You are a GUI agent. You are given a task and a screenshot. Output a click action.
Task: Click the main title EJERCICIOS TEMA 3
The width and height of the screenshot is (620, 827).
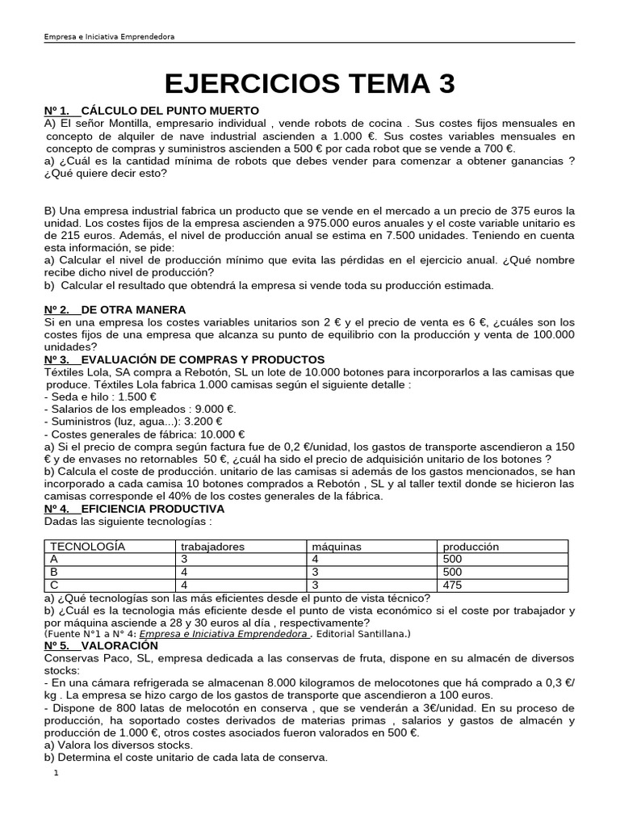[x=310, y=83]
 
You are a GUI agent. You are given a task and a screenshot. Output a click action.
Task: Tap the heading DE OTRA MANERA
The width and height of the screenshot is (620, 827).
[x=134, y=309]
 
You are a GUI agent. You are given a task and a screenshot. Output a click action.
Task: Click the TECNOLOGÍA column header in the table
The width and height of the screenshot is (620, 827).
[x=88, y=547]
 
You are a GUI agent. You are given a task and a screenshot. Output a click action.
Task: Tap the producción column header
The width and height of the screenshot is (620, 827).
[x=471, y=547]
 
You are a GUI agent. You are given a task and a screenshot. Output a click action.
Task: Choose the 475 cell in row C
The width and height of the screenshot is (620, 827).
[x=454, y=584]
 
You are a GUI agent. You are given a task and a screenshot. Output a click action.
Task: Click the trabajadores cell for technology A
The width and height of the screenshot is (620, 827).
[x=184, y=559]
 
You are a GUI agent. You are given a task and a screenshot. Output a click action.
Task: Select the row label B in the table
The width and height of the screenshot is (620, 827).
[x=54, y=572]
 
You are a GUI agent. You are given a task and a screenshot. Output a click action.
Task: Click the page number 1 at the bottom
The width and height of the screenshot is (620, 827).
[x=56, y=773]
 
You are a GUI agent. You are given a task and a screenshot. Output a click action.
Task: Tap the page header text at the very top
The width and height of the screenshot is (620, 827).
[x=109, y=37]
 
